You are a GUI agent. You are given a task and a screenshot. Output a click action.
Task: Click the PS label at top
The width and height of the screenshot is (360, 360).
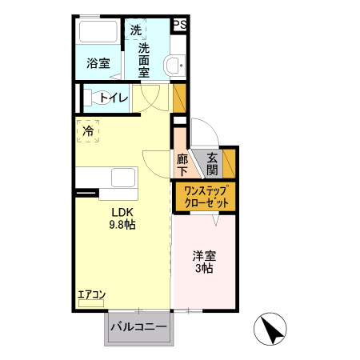(x=180, y=25)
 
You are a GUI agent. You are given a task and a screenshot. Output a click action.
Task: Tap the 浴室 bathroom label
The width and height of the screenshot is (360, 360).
(x=98, y=62)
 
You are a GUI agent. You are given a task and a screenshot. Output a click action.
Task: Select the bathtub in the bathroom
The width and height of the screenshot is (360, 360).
(x=98, y=33)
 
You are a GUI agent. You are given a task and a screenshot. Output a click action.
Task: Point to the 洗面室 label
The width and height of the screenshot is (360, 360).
(x=144, y=60)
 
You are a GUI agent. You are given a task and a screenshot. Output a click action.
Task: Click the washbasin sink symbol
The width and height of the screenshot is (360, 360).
(x=172, y=65)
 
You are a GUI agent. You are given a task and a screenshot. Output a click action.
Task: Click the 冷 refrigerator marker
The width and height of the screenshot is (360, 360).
(x=87, y=129)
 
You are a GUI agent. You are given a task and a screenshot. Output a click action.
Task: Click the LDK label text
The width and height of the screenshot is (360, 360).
(x=120, y=212)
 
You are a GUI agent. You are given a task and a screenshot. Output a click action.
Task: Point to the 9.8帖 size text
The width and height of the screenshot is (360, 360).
(x=122, y=225)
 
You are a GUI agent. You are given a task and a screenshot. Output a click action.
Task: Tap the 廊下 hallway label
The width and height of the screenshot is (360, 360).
(x=182, y=164)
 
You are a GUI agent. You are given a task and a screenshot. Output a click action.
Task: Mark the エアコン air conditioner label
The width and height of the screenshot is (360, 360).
(x=92, y=294)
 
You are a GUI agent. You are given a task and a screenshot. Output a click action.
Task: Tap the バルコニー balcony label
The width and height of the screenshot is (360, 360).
(x=138, y=327)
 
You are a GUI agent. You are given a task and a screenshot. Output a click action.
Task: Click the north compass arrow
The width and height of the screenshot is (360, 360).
(x=273, y=329)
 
